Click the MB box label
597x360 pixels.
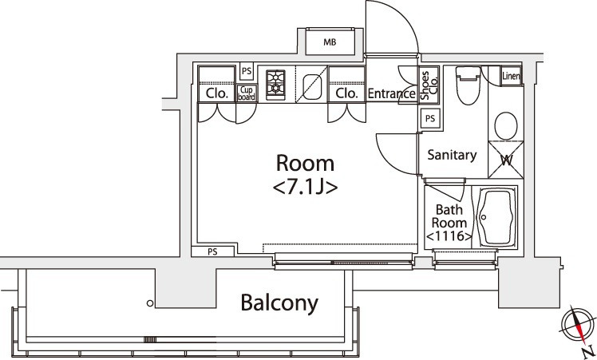[x=330, y=42]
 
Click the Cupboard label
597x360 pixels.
[x=247, y=93]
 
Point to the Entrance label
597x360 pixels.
[x=391, y=93]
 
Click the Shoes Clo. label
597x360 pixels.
[x=429, y=84]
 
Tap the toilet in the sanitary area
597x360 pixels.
[x=466, y=87]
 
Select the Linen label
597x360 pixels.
[x=511, y=77]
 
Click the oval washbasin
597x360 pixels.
[x=505, y=125]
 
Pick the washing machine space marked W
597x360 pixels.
[x=506, y=159]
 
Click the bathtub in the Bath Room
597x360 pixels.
[x=496, y=217]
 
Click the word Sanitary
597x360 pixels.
[x=452, y=156]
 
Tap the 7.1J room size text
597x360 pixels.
[x=305, y=188]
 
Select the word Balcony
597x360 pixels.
[x=279, y=303]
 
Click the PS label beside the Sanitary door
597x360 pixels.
[x=430, y=118]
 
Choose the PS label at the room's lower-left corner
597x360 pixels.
[x=212, y=251]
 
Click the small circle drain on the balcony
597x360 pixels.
[x=149, y=303]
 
